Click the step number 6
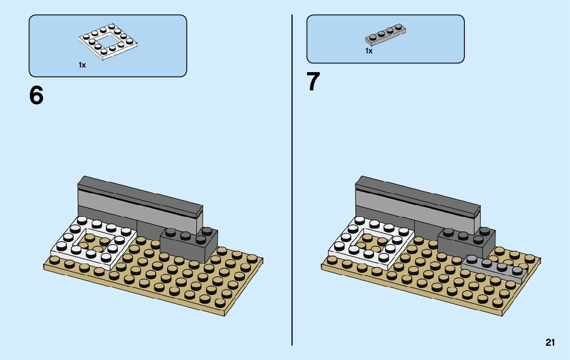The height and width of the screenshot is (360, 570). pyautogui.click(x=37, y=95)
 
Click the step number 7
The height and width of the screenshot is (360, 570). pyautogui.click(x=314, y=82)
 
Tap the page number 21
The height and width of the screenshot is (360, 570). pyautogui.click(x=550, y=343)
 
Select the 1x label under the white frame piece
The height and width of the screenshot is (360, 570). pyautogui.click(x=82, y=65)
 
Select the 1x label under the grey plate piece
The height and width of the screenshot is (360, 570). pyautogui.click(x=369, y=51)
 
